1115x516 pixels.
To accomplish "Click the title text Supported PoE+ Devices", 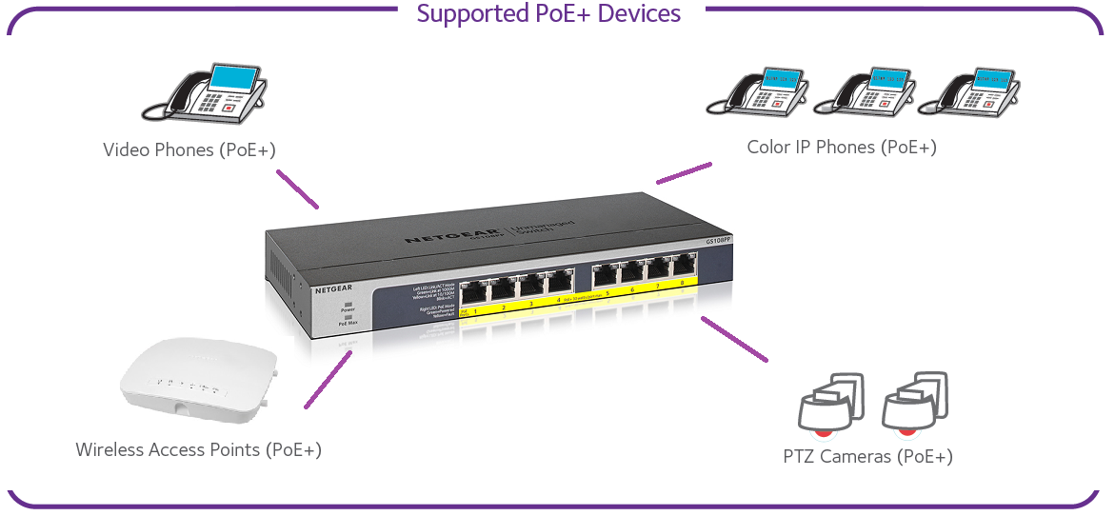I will click(549, 14).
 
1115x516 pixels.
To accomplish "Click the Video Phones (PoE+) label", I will click(189, 150).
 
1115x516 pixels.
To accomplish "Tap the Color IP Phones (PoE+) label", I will click(842, 148).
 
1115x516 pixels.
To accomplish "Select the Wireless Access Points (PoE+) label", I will click(198, 449).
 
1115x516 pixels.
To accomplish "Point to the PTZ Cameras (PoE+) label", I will click(867, 456).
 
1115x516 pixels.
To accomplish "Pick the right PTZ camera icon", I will click(915, 402).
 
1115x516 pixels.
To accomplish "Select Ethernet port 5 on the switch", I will click(605, 277).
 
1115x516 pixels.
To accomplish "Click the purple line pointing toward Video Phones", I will click(297, 189).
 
